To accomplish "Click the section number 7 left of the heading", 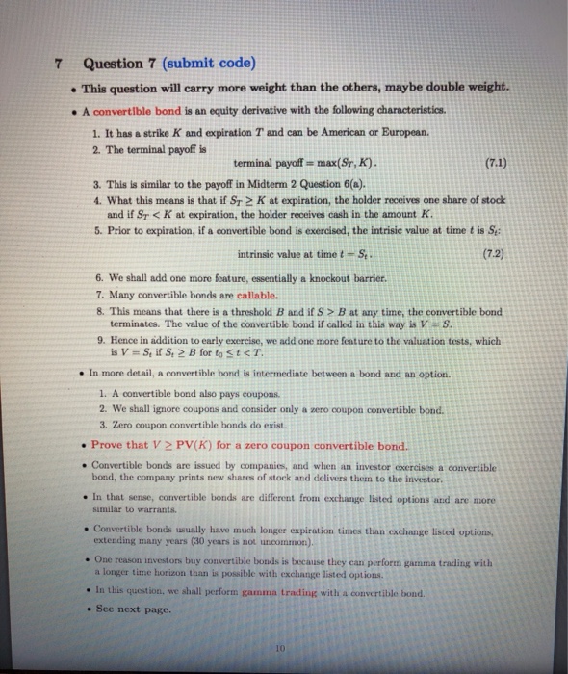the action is click(59, 65).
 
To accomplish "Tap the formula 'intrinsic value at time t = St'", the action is click(293, 255).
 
